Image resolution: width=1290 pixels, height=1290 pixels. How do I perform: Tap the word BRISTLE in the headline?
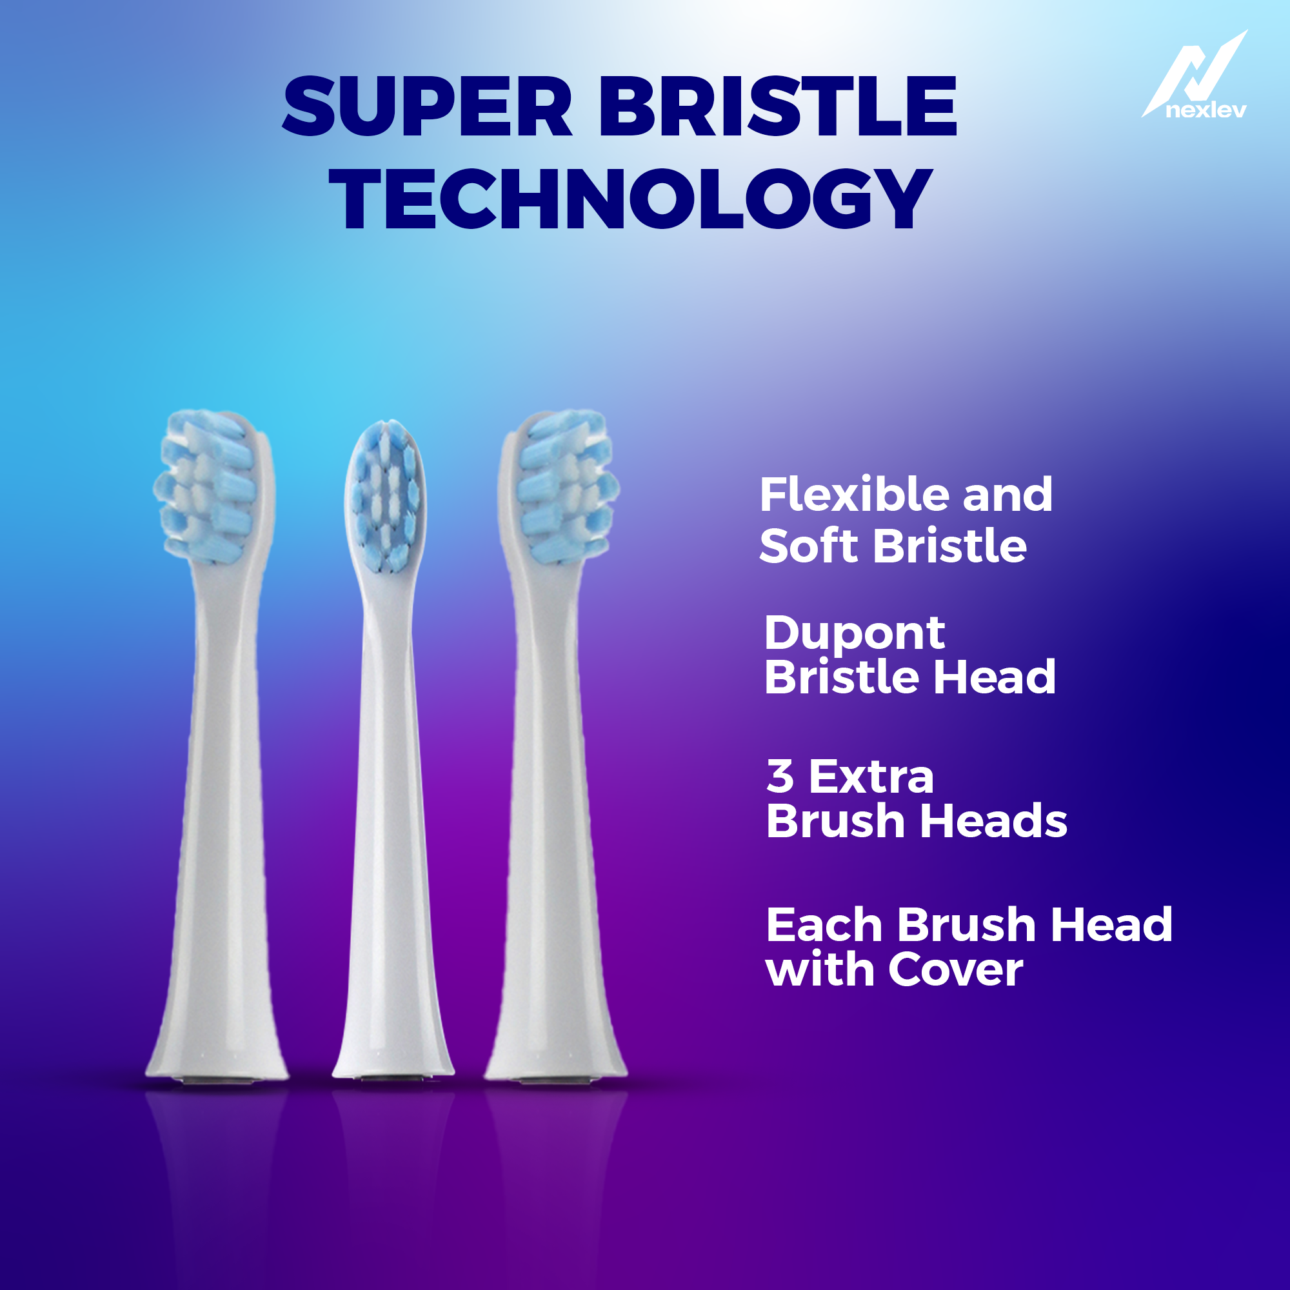777,107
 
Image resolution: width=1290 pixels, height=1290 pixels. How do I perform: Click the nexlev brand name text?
1206,110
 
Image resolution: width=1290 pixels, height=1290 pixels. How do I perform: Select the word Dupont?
854,633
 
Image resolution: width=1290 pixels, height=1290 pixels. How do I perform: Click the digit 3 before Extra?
780,777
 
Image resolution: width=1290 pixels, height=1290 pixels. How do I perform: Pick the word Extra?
871,777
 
